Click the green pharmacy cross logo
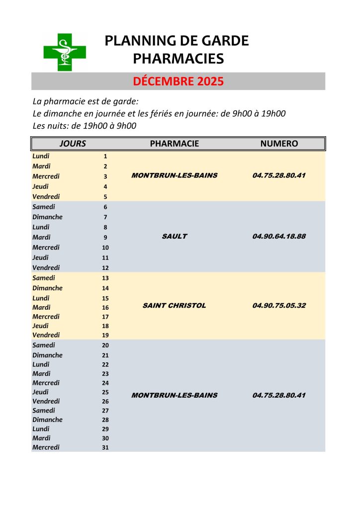[65, 52]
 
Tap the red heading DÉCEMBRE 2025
[178, 82]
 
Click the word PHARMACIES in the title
[178, 59]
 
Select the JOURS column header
[73, 144]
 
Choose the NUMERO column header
[279, 144]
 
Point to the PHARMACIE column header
[174, 144]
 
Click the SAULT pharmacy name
[175, 236]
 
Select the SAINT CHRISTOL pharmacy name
[174, 305]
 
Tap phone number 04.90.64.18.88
[279, 236]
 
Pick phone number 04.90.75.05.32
[279, 305]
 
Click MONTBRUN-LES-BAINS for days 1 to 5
[174, 175]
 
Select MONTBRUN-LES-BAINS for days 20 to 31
[174, 395]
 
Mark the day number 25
[105, 392]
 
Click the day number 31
[105, 447]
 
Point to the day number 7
[105, 217]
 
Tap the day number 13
[105, 278]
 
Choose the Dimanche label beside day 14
[48, 288]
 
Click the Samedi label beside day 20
[44, 345]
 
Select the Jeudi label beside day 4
[41, 186]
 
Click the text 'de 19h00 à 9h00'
[104, 126]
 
